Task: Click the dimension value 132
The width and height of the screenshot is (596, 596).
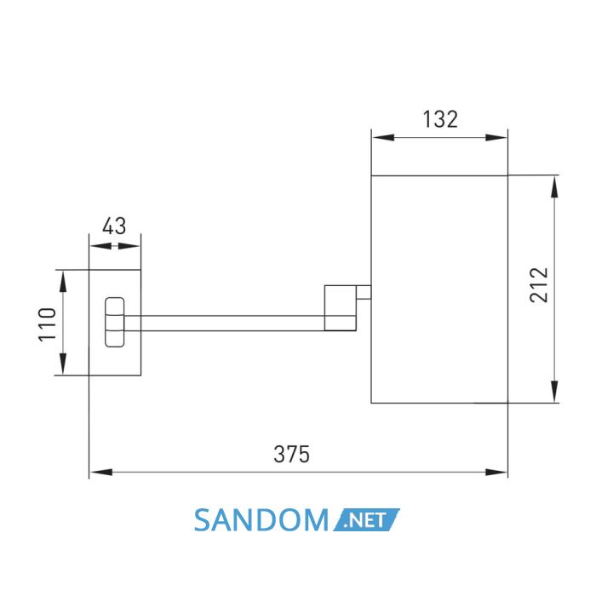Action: pyautogui.click(x=440, y=119)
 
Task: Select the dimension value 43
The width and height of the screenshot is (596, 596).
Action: pyautogui.click(x=114, y=226)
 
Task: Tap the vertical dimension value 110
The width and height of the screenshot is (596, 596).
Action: pyautogui.click(x=48, y=324)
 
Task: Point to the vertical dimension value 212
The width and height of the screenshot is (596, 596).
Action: pyautogui.click(x=539, y=285)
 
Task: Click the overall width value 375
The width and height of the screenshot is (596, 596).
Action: pyautogui.click(x=291, y=454)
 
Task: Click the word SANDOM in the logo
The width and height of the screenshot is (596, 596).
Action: pyautogui.click(x=261, y=520)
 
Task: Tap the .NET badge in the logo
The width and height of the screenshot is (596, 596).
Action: pyautogui.click(x=366, y=519)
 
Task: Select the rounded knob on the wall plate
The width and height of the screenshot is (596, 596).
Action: pyautogui.click(x=114, y=323)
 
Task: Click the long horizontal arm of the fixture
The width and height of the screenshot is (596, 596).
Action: pyautogui.click(x=224, y=323)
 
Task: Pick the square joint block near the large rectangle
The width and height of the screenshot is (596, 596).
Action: pyautogui.click(x=341, y=308)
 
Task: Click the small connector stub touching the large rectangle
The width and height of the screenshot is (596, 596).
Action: pyautogui.click(x=364, y=292)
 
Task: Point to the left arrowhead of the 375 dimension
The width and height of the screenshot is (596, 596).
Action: pyautogui.click(x=100, y=473)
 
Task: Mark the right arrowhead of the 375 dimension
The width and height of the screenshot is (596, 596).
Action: pyautogui.click(x=496, y=473)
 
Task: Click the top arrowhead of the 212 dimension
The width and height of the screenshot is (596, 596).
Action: pyautogui.click(x=555, y=186)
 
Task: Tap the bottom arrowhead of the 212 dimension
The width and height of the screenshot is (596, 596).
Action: pyautogui.click(x=555, y=391)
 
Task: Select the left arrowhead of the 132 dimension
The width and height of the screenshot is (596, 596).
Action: pyautogui.click(x=383, y=138)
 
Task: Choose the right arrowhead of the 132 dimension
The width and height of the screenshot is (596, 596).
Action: pyautogui.click(x=496, y=138)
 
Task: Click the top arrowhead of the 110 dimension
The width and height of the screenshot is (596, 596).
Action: pyautogui.click(x=63, y=281)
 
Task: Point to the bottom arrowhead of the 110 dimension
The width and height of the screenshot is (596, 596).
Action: pyautogui.click(x=63, y=364)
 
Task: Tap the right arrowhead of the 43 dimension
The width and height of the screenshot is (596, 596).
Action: pyautogui.click(x=129, y=246)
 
